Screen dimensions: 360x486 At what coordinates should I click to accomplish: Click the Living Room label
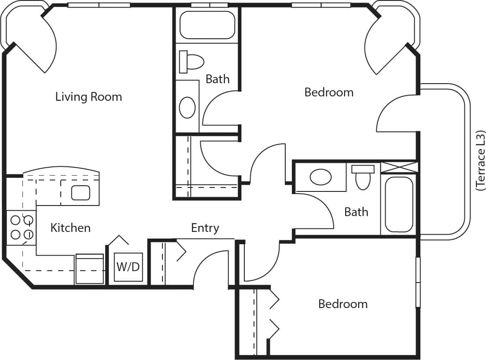coord(88,97)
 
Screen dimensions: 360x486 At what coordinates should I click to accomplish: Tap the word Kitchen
coord(70,228)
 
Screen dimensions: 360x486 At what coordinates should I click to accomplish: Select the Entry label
coord(205,228)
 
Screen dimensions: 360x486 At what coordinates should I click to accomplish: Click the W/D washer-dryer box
coord(129,267)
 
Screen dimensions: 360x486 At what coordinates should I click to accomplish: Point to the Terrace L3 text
coord(481,161)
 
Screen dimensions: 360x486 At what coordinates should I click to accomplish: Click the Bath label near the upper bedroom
coord(217,79)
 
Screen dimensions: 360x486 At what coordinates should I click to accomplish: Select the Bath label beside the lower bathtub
coord(356,212)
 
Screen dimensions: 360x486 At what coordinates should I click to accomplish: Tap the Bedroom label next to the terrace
coord(329,92)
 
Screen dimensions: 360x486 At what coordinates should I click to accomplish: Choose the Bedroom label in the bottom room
coord(342,304)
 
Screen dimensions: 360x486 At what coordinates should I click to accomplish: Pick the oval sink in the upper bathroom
coord(188,107)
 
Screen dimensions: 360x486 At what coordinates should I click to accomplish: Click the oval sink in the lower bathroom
coord(321,177)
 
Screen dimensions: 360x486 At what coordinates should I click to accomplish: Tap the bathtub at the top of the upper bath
coord(207,25)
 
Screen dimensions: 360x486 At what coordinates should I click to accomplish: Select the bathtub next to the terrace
coord(399,204)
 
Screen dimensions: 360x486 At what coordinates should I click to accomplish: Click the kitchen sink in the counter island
coord(81,193)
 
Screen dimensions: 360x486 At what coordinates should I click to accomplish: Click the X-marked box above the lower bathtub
coord(398,167)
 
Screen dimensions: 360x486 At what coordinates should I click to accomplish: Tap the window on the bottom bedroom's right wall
coord(418,282)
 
